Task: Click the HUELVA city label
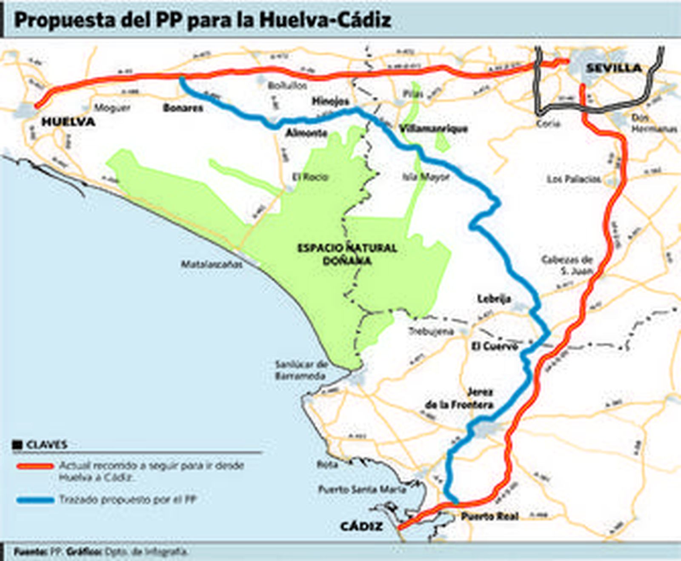coord(68,122)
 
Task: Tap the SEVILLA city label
coord(613,68)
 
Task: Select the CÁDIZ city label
coord(361,527)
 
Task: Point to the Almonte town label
coord(306,133)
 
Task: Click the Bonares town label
coord(183,108)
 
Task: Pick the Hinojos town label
coord(330,101)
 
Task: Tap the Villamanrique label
coord(433,129)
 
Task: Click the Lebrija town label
coord(494,299)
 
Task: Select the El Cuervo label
coord(494,346)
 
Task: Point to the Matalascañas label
coord(212,264)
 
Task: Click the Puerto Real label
coord(490,517)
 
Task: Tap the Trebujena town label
coord(431,331)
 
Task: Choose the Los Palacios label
coord(574,179)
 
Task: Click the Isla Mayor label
coord(426,177)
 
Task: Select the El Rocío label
coord(310,177)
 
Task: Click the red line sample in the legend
coord(35,466)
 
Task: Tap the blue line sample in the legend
coord(35,500)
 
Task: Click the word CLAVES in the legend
coord(47,445)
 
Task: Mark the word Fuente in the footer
coord(30,552)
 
